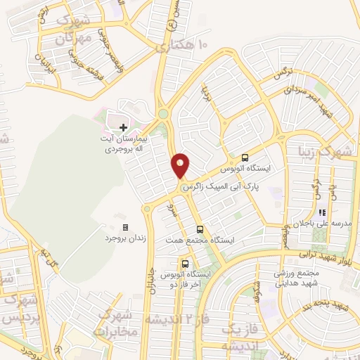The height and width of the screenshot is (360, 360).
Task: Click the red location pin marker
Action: [181, 165]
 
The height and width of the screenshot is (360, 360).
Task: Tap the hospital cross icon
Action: [124, 127]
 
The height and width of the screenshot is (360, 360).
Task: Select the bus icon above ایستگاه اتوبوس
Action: [245, 158]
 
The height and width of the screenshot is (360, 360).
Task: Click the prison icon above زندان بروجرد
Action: [125, 227]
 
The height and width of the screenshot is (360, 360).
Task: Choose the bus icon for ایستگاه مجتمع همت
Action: [200, 229]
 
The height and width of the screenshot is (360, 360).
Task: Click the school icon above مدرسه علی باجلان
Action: [321, 212]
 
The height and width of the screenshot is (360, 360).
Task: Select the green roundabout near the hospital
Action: [163, 113]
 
